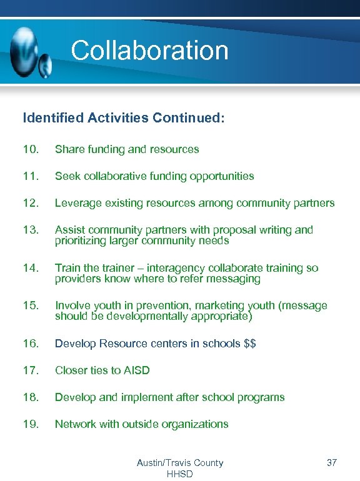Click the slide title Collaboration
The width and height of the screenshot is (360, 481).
149,51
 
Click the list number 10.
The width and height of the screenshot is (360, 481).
31,149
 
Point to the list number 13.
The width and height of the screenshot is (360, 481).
31,230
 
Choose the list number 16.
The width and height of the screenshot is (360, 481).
31,344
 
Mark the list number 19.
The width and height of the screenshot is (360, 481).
31,424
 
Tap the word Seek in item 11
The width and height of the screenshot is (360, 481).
67,176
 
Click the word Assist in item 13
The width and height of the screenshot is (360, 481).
69,230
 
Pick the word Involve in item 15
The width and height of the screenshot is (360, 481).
72,305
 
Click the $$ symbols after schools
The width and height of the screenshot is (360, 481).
250,344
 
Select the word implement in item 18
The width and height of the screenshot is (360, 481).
149,397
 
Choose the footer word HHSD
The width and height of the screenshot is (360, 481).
180,474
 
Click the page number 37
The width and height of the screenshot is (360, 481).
331,463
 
